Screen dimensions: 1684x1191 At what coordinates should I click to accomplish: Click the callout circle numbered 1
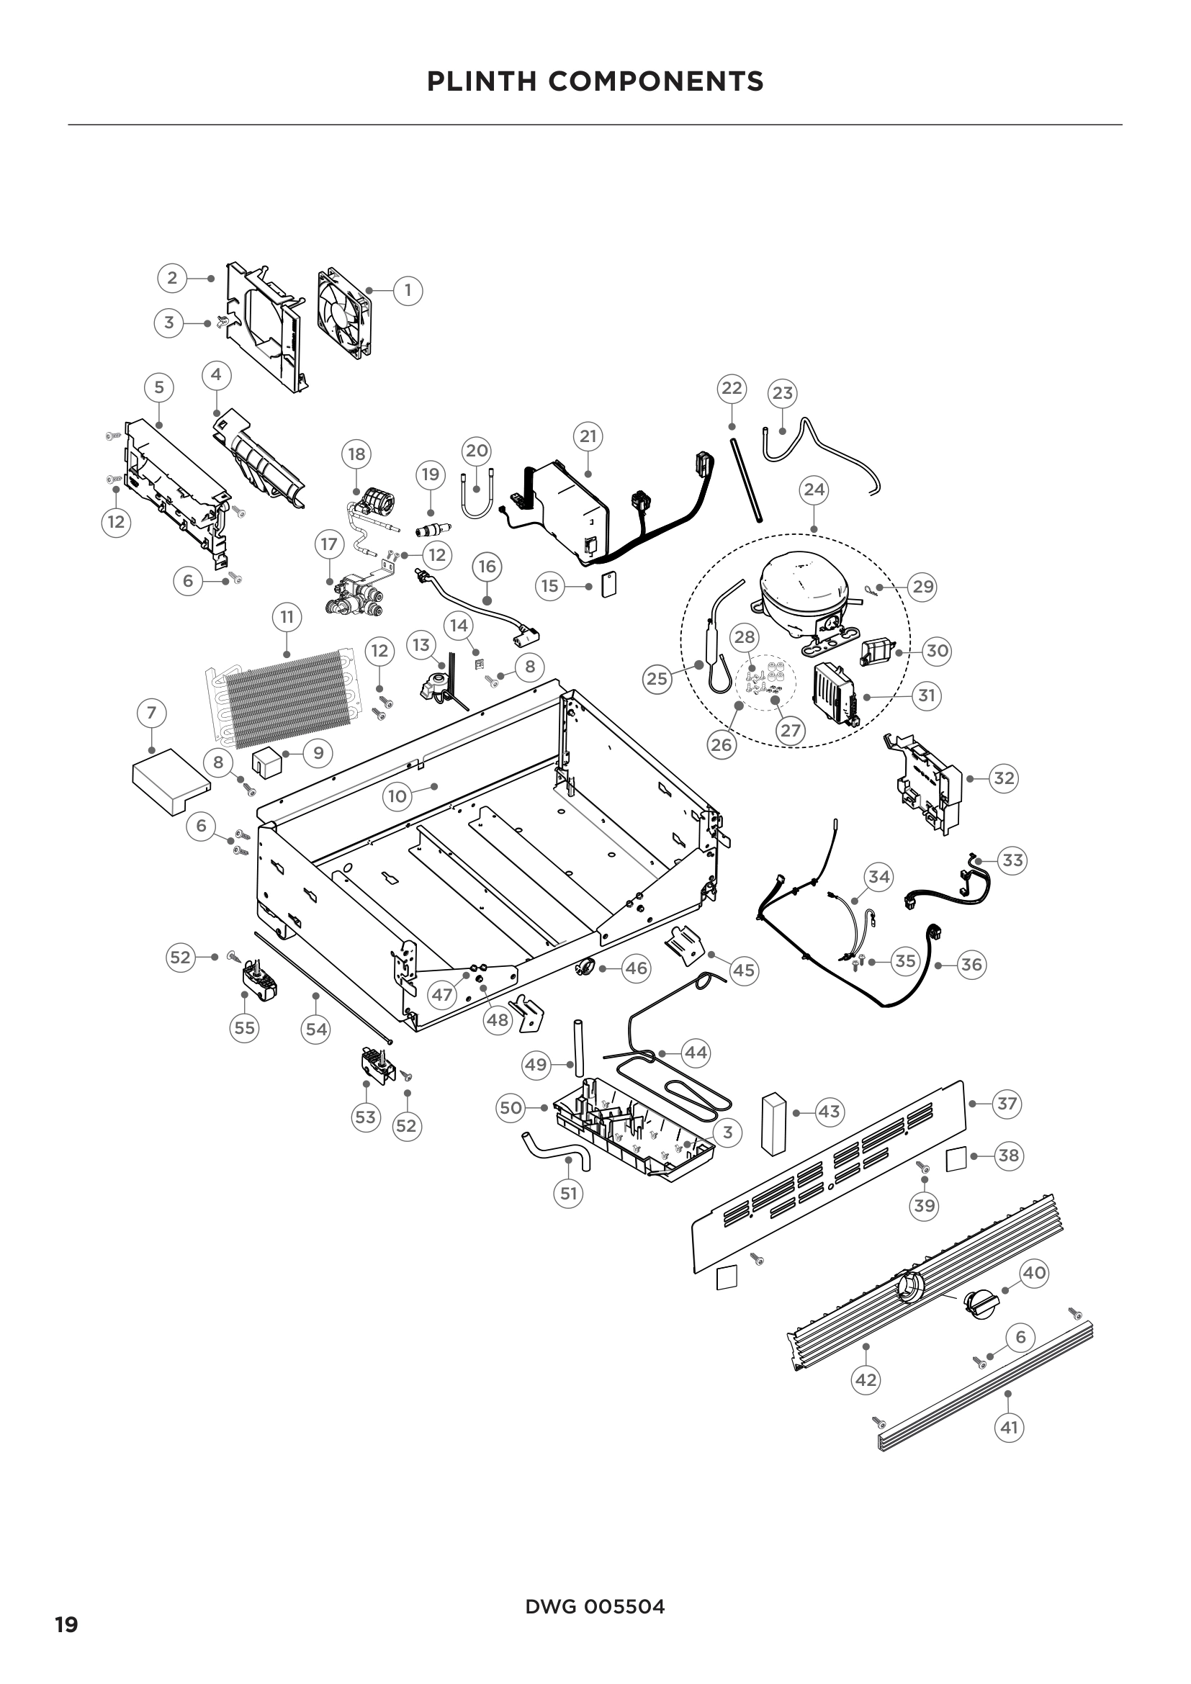408,290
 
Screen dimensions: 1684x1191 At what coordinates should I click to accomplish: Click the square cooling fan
344,315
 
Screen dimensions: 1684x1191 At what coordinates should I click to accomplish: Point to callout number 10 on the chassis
397,796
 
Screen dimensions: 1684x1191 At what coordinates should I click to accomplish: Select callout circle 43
829,1112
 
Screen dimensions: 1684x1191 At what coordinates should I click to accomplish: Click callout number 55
244,1028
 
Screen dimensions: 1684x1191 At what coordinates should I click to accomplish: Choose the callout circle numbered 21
588,436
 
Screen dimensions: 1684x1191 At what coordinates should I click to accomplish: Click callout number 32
1003,778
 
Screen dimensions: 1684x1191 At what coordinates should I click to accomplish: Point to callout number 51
568,1193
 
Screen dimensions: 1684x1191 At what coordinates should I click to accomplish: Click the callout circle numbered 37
1007,1103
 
